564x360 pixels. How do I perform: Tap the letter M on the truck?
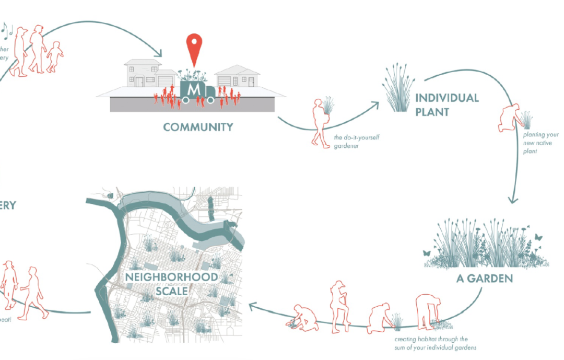193,90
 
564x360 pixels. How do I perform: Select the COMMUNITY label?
198,127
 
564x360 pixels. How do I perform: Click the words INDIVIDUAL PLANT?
446,104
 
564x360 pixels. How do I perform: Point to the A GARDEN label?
484,278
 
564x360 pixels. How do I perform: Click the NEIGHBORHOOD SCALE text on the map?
164,283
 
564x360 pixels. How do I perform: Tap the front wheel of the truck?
210,100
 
